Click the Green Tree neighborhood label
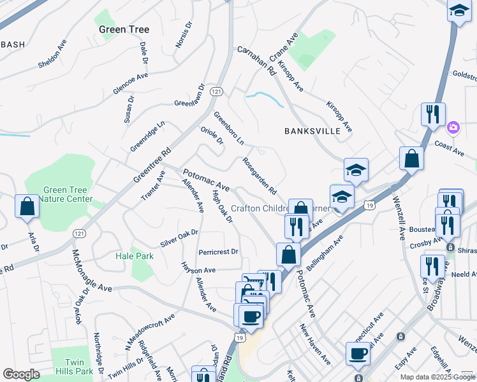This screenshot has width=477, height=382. (124, 29)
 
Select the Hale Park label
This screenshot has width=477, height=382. (135, 255)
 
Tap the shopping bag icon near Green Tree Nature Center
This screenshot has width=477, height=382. (27, 206)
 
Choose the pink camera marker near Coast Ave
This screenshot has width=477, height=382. (453, 127)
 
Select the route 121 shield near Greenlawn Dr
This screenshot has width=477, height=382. (217, 92)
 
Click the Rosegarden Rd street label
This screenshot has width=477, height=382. (259, 176)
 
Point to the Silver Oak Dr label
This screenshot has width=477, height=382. (179, 239)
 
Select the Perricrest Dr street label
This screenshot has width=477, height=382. (218, 251)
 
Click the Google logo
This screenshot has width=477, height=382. (21, 374)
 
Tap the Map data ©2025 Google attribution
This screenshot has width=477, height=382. (437, 377)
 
